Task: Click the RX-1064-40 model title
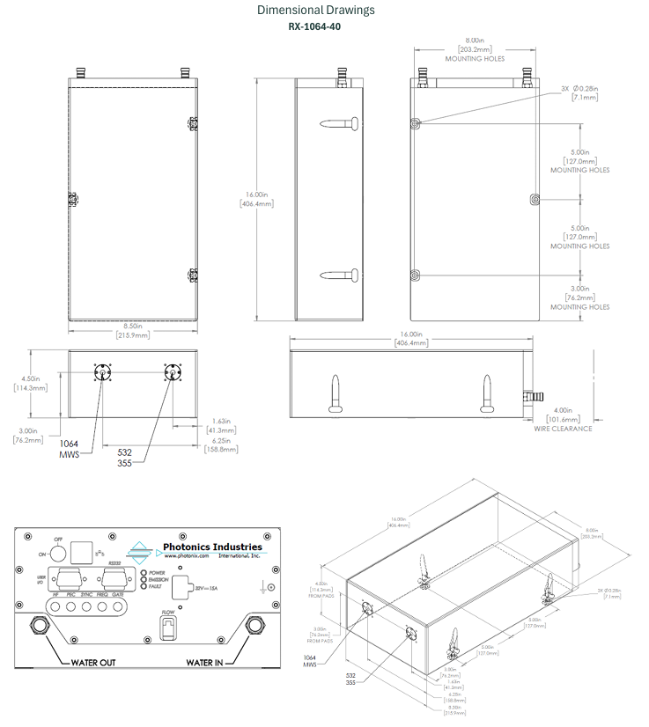tap(315, 26)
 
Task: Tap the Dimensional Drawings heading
tap(315, 10)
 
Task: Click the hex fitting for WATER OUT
tap(40, 625)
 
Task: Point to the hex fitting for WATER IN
tap(255, 625)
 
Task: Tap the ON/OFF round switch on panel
tap(57, 553)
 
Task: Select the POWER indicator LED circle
tap(143, 573)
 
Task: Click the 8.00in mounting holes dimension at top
tap(475, 45)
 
